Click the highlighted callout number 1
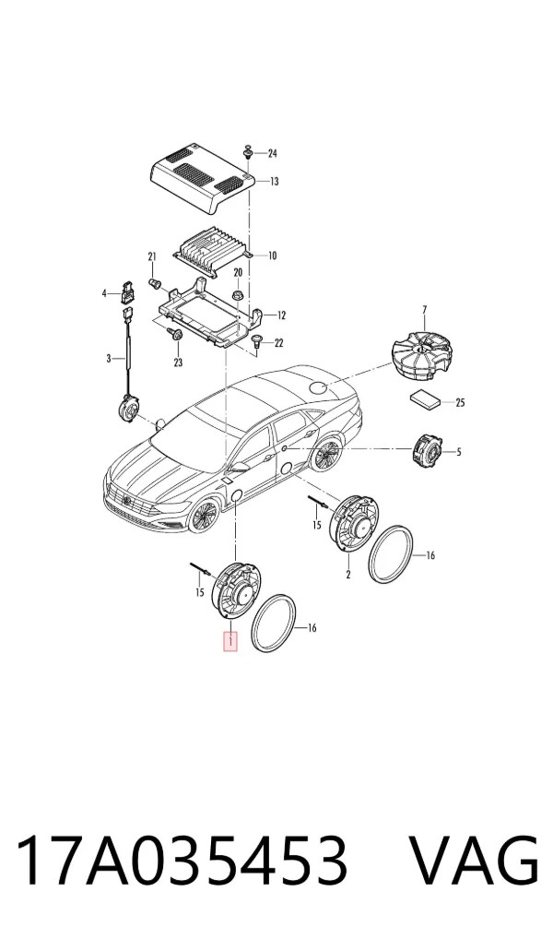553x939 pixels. click(230, 642)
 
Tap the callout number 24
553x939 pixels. click(272, 154)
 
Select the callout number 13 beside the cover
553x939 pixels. click(274, 182)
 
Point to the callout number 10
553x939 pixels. click(272, 256)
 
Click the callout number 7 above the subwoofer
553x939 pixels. click(424, 310)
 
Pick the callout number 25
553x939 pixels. click(460, 403)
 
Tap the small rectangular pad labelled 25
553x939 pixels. click(426, 398)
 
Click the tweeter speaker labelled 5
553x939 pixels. click(426, 450)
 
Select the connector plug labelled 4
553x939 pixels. click(126, 291)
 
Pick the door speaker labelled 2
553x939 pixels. click(356, 523)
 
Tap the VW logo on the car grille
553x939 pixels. click(127, 499)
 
